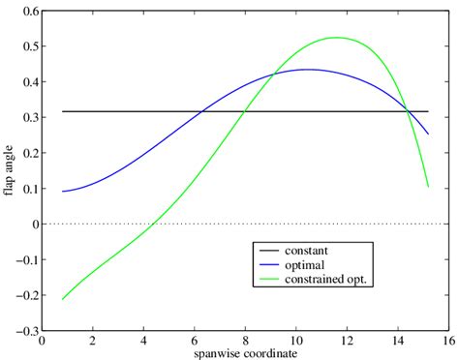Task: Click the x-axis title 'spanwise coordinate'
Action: tap(244, 353)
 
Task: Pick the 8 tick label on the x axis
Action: tap(245, 342)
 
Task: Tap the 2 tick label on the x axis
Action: tap(92, 342)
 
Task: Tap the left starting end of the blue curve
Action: tap(62, 192)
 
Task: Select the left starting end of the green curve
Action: tap(62, 299)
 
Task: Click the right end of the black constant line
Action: tap(428, 111)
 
